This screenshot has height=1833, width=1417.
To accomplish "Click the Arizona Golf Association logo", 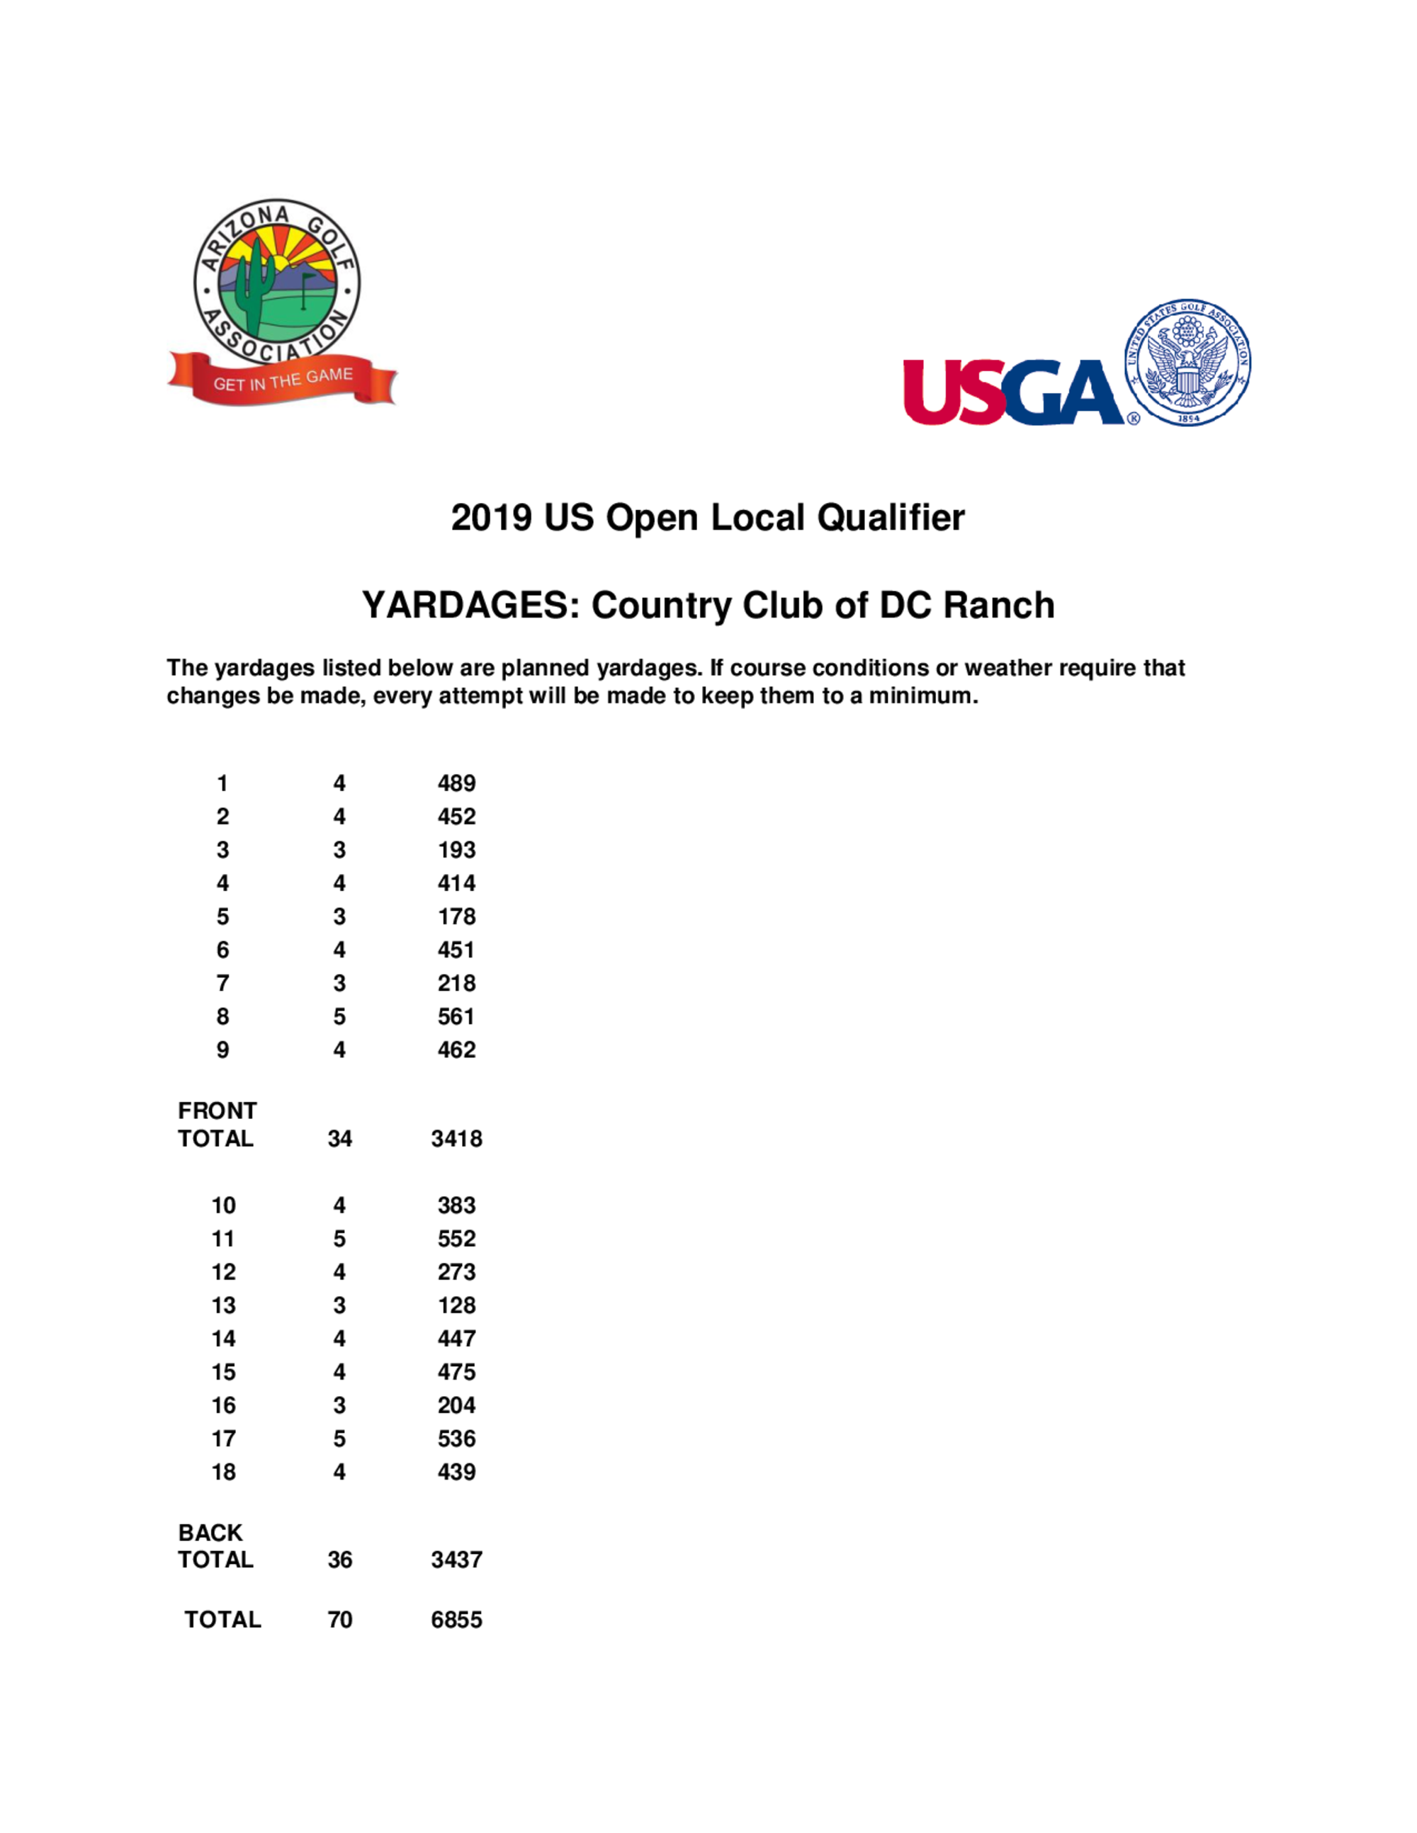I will [x=277, y=285].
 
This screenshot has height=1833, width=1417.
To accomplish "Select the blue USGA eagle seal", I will [x=1187, y=362].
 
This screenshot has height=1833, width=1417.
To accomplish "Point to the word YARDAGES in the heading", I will [x=471, y=605].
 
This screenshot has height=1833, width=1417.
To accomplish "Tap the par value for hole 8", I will [x=339, y=1016].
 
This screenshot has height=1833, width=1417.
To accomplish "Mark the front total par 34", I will [x=339, y=1139].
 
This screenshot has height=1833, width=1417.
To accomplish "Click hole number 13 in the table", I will [x=223, y=1305].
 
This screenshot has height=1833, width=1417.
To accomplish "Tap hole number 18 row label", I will [x=223, y=1471].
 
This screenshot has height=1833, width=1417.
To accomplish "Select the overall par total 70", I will [x=339, y=1619].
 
